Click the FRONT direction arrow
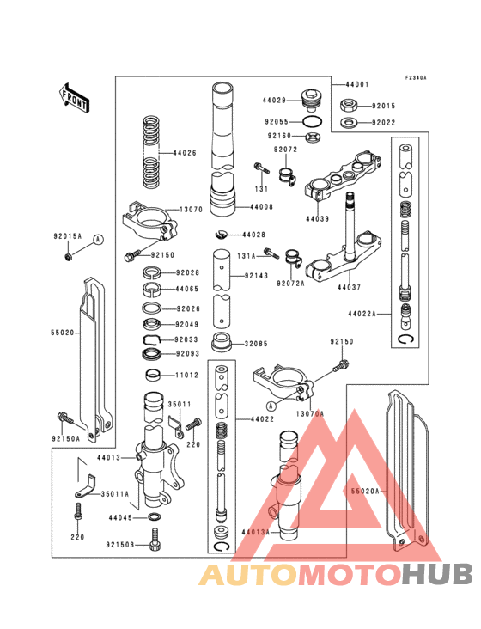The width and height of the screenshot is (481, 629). point(76,97)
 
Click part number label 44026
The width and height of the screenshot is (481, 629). point(185,153)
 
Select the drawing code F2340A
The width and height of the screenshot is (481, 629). point(417,78)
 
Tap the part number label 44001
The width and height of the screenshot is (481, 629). point(358,85)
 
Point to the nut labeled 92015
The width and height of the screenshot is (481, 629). point(350,106)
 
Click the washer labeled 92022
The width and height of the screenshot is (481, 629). point(350,122)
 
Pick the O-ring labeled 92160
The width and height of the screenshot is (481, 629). point(314,136)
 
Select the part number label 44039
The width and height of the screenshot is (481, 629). point(317,219)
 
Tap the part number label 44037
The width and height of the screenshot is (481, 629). point(348,287)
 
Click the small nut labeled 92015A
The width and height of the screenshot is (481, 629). point(67,255)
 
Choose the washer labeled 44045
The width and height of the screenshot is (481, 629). point(154,517)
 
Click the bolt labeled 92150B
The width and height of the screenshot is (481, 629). point(155,541)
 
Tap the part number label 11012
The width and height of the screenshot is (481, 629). point(188,376)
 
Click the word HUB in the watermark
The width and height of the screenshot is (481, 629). point(437,575)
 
